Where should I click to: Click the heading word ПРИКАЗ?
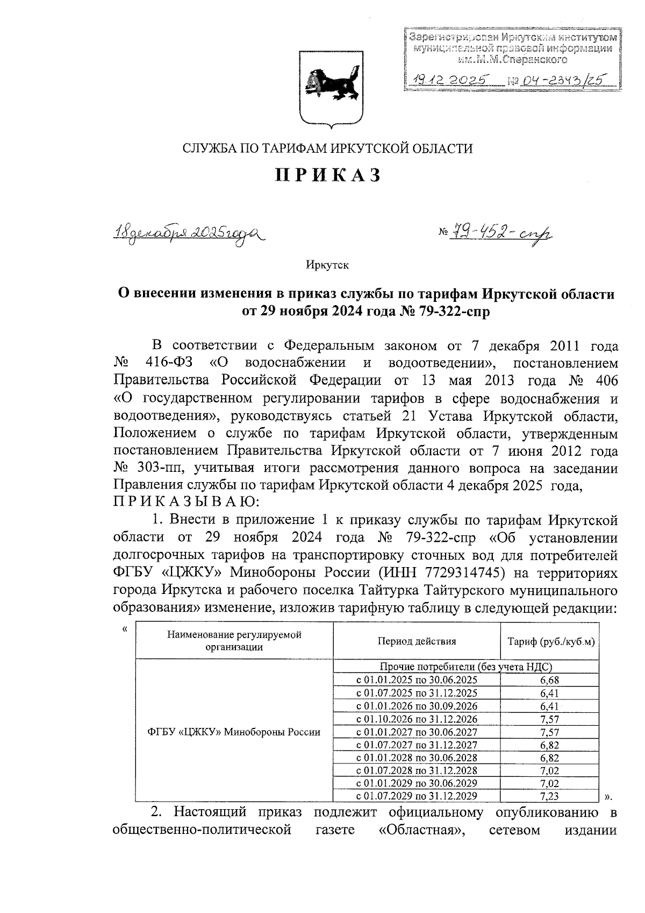click(328, 175)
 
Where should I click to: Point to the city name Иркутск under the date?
click(327, 265)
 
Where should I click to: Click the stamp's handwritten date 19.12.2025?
click(449, 80)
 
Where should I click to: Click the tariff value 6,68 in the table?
click(550, 681)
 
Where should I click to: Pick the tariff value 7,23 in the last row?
click(550, 796)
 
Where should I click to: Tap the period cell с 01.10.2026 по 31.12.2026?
click(417, 719)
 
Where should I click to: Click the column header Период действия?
click(417, 641)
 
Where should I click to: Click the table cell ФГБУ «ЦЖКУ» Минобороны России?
click(234, 732)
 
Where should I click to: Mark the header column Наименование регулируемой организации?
click(234, 641)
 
